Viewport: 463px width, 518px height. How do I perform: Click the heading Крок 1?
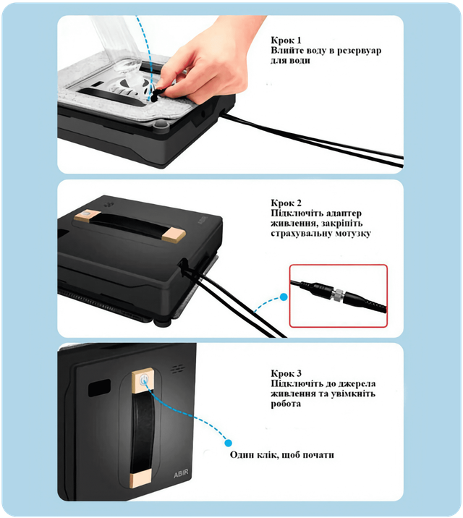(x=286, y=41)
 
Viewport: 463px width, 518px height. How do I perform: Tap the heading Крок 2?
(x=286, y=203)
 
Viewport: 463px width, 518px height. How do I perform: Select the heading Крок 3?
(x=286, y=373)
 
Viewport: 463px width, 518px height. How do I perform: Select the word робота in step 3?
(x=286, y=404)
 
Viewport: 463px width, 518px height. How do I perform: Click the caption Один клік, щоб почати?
(x=281, y=455)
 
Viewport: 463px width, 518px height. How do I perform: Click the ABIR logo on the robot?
(x=181, y=474)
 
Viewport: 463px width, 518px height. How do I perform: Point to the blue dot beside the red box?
(x=284, y=297)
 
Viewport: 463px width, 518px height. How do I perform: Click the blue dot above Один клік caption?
(x=228, y=443)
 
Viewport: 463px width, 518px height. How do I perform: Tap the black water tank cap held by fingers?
(x=158, y=94)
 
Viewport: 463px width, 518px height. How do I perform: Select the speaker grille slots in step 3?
(x=177, y=369)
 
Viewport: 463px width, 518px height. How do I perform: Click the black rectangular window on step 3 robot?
(x=99, y=388)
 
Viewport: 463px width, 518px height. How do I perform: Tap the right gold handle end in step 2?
(x=174, y=234)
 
